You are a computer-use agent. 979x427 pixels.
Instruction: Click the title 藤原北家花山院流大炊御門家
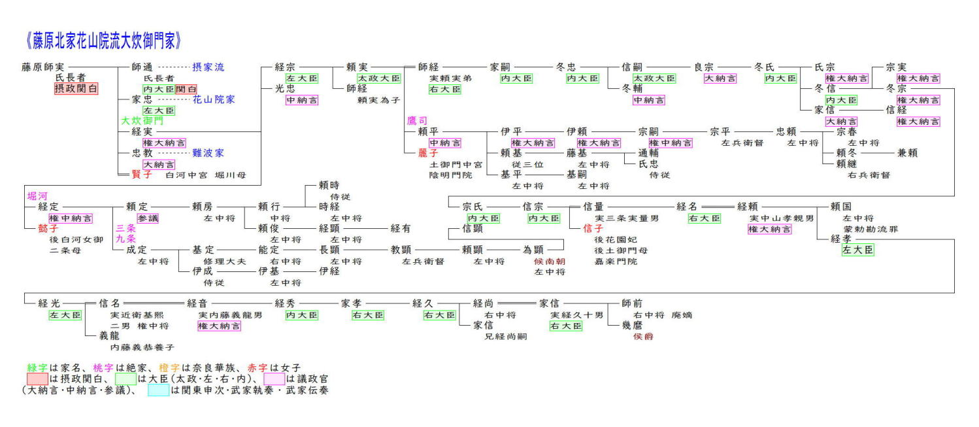(102, 41)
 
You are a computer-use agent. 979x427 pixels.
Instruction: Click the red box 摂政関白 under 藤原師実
(76, 88)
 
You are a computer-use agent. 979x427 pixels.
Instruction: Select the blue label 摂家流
(208, 67)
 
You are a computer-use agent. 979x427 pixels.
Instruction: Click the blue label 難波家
(208, 153)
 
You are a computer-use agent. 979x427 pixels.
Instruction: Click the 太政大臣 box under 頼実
(379, 78)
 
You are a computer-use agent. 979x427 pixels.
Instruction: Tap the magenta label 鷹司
(417, 121)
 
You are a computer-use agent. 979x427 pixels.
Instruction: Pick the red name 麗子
(428, 153)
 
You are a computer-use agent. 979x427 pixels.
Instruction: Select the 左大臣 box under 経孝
(858, 250)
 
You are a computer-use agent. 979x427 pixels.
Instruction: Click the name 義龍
(109, 335)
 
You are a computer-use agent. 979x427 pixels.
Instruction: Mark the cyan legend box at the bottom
(158, 390)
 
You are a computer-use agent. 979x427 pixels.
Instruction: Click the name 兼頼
(908, 153)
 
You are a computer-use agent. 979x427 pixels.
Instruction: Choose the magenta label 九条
(126, 239)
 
